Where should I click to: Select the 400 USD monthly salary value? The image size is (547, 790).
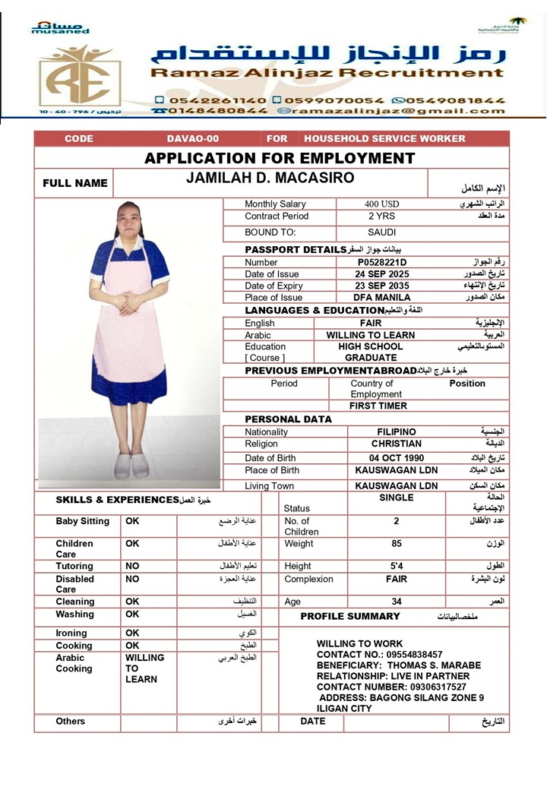coord(381,204)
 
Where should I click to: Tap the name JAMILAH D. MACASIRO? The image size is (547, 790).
coord(270,179)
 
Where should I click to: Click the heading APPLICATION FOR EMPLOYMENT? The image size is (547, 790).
coord(280,158)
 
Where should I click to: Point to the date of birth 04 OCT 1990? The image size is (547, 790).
coord(396,458)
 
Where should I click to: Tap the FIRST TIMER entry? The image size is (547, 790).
coord(378,406)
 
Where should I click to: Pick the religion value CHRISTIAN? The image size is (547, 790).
coord(397,444)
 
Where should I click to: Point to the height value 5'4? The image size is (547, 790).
coord(397,566)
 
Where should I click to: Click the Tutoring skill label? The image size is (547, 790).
coord(74,566)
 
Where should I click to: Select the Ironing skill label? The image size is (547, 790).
coord(71,633)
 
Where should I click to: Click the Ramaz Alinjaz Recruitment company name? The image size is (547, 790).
coord(327,74)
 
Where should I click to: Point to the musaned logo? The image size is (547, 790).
coord(60,28)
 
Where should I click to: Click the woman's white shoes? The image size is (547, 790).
coord(131,465)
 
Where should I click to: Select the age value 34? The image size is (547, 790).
coord(397,602)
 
